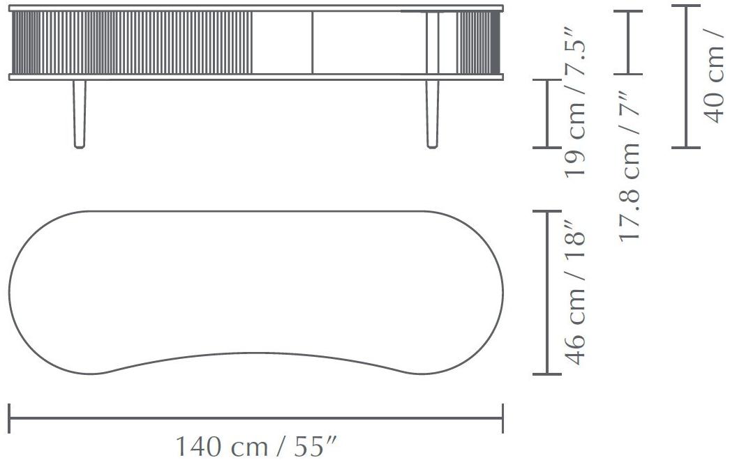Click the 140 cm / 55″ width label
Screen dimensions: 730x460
[255, 447]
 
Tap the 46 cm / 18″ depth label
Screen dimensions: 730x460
[574, 292]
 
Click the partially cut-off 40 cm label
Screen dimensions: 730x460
[714, 76]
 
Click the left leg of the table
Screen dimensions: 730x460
[80, 114]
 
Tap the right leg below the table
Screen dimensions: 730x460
[433, 114]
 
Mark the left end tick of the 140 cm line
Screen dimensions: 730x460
[9, 418]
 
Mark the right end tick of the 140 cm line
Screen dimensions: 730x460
[502, 418]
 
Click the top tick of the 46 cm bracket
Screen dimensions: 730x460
[547, 211]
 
